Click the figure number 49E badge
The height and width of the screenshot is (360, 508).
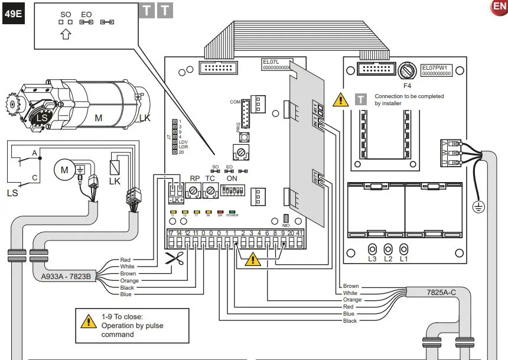tap(13, 15)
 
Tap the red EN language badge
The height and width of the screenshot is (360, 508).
tap(499, 7)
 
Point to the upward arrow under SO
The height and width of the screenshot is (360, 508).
tap(66, 34)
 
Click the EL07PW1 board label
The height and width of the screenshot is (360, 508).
tap(436, 67)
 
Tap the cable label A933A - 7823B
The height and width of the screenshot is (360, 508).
tap(66, 276)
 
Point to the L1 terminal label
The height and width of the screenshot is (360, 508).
tap(404, 259)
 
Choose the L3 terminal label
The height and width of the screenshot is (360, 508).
tap(373, 259)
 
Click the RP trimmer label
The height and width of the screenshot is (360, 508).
tap(194, 178)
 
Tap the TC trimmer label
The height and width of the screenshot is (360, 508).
tap(210, 178)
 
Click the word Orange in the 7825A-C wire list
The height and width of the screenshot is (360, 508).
tap(352, 300)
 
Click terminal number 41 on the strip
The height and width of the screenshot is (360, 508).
tap(299, 233)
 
